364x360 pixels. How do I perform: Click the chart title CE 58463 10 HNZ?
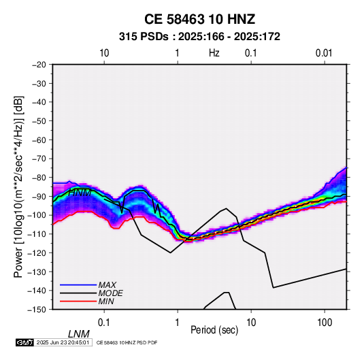pos(199,19)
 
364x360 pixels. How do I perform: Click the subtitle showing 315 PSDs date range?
pos(199,37)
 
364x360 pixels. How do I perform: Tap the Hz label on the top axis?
pos(214,53)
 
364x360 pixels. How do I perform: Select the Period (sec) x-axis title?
pos(214,330)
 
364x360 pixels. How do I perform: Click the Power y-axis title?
pos(18,186)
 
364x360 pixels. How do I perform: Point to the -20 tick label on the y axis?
pos(39,65)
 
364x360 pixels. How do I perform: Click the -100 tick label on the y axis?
pos(37,215)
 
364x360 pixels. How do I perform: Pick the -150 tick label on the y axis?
pos(37,310)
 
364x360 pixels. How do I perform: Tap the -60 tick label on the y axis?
pos(39,140)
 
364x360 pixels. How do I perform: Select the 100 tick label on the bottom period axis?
pos(325,323)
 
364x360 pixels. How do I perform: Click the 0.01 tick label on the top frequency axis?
pos(324,53)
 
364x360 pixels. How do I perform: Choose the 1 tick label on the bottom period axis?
pos(178,323)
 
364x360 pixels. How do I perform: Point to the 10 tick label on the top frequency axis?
pos(104,53)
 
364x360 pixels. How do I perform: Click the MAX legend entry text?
pos(107,284)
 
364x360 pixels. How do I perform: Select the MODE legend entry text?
pos(110,293)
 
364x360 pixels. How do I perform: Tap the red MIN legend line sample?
pos(78,301)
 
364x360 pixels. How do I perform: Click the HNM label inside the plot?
pos(80,193)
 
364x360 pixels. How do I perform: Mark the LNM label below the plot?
pos(79,334)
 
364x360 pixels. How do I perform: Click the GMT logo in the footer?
pos(25,342)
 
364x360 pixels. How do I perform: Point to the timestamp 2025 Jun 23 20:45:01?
pos(63,342)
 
